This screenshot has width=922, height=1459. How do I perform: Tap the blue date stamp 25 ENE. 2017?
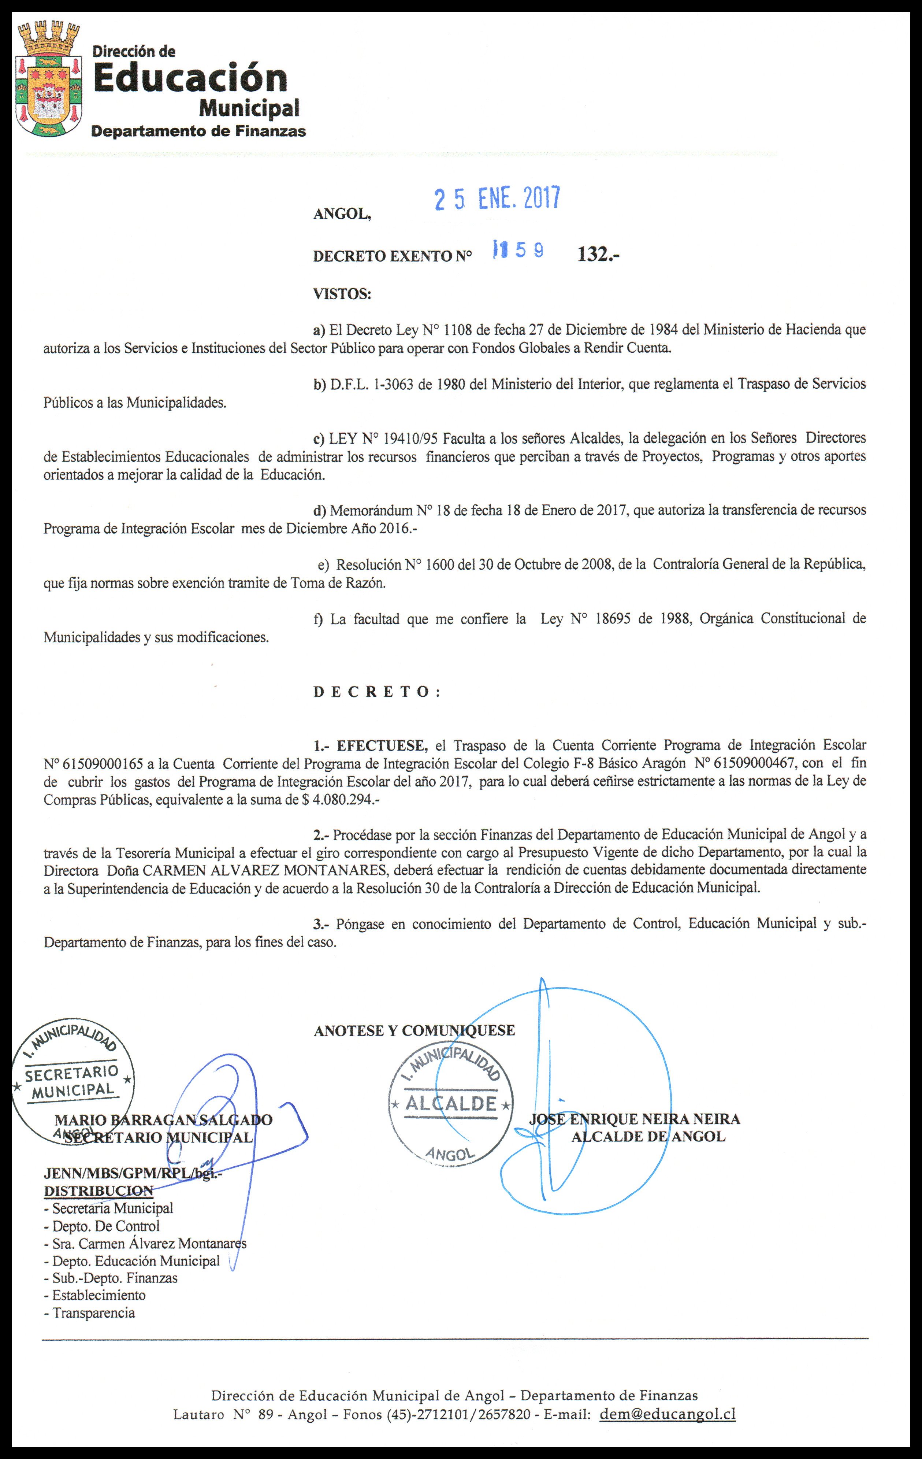pos(497,199)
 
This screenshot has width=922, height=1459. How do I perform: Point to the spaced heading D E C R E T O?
pos(376,692)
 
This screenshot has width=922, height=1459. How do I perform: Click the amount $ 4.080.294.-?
pos(341,800)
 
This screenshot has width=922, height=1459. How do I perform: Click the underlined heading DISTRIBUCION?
pos(98,1191)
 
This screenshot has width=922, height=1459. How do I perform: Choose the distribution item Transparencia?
pos(93,1313)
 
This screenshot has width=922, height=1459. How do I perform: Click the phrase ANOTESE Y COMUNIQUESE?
pos(414,1031)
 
